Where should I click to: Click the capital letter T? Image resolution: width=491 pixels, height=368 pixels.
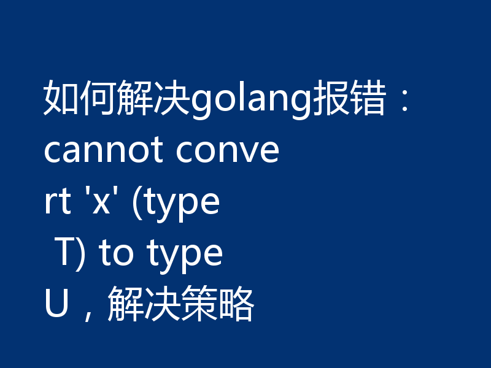point(65,253)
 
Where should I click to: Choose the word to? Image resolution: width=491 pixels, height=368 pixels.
point(116,253)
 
